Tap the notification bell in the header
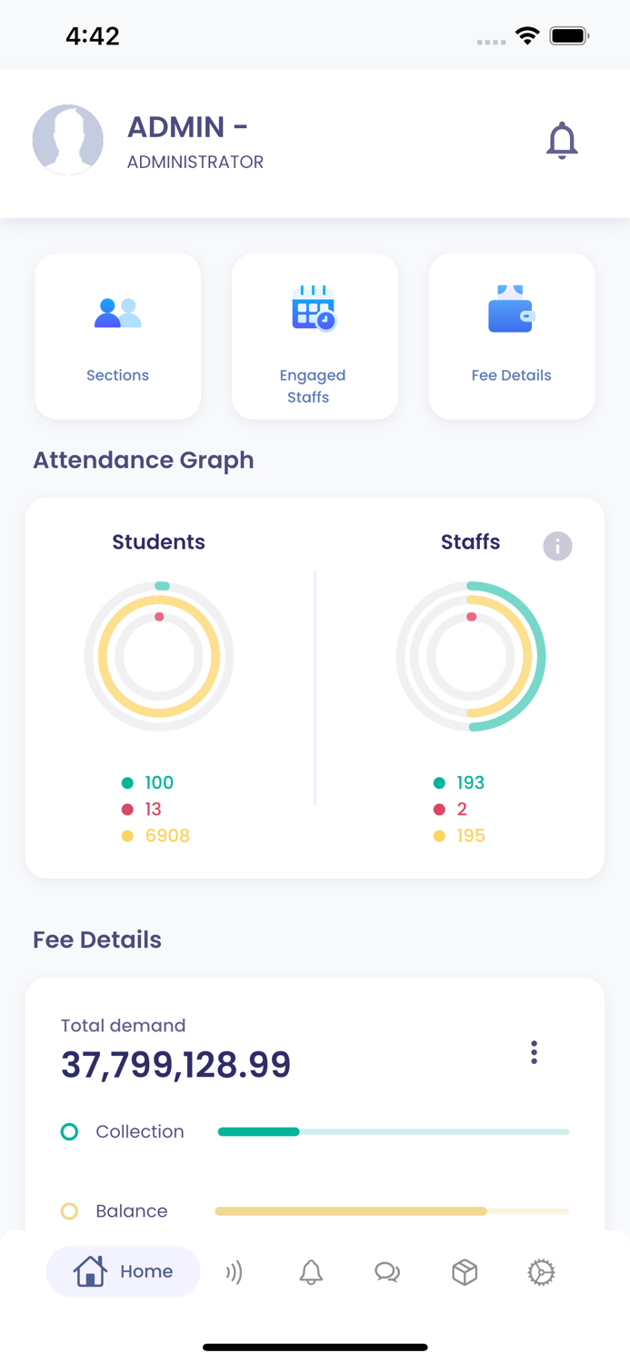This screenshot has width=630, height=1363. [x=562, y=141]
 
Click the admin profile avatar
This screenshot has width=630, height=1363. [x=68, y=140]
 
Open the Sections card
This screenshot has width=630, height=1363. [x=117, y=336]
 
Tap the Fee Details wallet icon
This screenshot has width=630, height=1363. [x=511, y=310]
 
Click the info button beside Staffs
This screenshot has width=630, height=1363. [x=557, y=546]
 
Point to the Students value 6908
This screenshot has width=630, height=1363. [x=167, y=836]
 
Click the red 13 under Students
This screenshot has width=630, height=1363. [x=153, y=810]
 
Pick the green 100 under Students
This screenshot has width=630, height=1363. [x=158, y=783]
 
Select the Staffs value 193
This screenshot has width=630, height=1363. [x=470, y=783]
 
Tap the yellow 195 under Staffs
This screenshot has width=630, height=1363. [x=470, y=836]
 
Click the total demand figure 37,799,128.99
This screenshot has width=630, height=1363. [x=175, y=1065]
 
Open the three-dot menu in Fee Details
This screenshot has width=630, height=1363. [x=534, y=1052]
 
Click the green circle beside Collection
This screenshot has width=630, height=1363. [x=69, y=1132]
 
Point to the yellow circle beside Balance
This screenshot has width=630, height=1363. [x=69, y=1211]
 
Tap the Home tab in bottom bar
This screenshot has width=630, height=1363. [x=123, y=1272]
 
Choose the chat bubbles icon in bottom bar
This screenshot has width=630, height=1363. [x=387, y=1272]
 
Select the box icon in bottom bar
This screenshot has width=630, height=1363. [x=465, y=1272]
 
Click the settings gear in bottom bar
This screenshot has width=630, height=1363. [x=541, y=1272]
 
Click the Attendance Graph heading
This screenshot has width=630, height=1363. [x=144, y=461]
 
